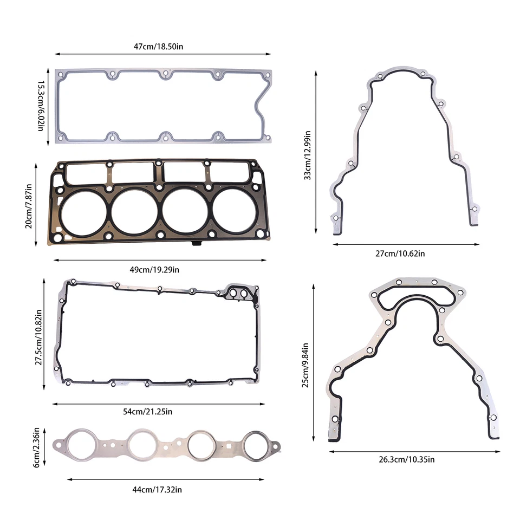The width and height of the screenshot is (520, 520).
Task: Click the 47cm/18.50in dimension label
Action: tap(159, 47)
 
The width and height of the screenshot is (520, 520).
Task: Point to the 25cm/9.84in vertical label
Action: tap(305, 364)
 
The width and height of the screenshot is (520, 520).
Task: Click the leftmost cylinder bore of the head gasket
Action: tap(83, 211)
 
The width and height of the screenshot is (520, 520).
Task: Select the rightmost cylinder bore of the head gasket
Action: tap(235, 210)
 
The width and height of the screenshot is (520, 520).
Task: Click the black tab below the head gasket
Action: tap(196, 245)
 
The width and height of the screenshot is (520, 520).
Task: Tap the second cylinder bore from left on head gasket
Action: tap(134, 211)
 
